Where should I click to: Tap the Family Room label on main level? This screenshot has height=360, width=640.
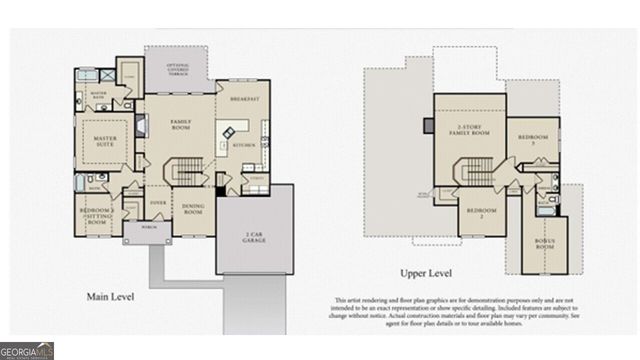point(180,126)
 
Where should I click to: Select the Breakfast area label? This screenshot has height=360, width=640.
point(244,99)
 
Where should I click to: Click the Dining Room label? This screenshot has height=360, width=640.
point(192,210)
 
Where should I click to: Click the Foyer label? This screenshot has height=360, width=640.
point(158,201)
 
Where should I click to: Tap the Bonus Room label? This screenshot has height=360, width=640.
point(545,243)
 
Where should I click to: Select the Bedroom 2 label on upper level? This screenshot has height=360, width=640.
point(482,212)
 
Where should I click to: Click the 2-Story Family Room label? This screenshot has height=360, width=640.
point(470,131)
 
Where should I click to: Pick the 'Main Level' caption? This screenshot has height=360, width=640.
point(111,296)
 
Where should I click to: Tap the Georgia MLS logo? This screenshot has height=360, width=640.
point(27,351)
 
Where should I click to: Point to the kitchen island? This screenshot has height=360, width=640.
point(231,132)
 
